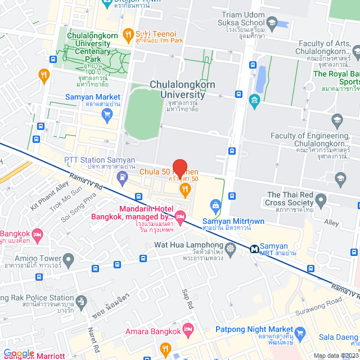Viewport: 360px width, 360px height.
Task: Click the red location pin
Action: point(179,168)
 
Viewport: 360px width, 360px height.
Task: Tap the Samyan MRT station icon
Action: point(255,247)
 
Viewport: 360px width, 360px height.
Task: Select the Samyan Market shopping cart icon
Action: point(107,115)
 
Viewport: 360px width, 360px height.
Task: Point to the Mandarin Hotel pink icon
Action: point(180,216)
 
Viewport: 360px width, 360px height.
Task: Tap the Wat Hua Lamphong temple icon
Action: point(230,247)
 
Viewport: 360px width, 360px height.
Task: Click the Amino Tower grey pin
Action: point(69,260)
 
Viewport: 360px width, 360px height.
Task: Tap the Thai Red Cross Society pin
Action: point(321,200)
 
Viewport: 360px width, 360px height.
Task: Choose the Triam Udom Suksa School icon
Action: point(272,23)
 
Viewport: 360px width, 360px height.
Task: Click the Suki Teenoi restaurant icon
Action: point(128,35)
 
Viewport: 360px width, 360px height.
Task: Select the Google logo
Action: point(18,353)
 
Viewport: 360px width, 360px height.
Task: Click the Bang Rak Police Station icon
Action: point(82,301)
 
